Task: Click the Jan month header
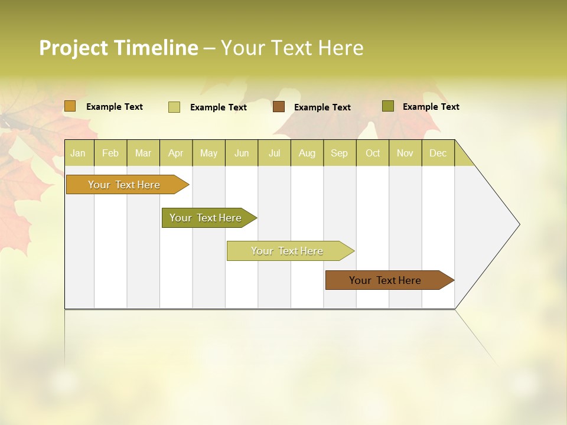click(x=78, y=153)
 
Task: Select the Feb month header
click(x=110, y=153)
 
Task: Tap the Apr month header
click(x=175, y=153)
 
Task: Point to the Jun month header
click(x=242, y=153)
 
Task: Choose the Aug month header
click(x=307, y=153)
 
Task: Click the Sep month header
click(x=339, y=153)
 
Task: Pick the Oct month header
click(x=373, y=153)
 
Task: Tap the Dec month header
click(x=438, y=153)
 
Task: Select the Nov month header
click(x=405, y=153)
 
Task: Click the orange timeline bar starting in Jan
click(x=124, y=185)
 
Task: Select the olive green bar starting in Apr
click(x=206, y=218)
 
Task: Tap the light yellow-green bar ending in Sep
click(x=287, y=251)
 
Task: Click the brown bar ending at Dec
click(x=385, y=280)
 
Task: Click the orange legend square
click(x=70, y=106)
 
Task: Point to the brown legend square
click(x=279, y=107)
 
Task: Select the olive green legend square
click(x=388, y=106)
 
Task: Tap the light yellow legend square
click(x=174, y=107)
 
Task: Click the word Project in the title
click(x=74, y=48)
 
